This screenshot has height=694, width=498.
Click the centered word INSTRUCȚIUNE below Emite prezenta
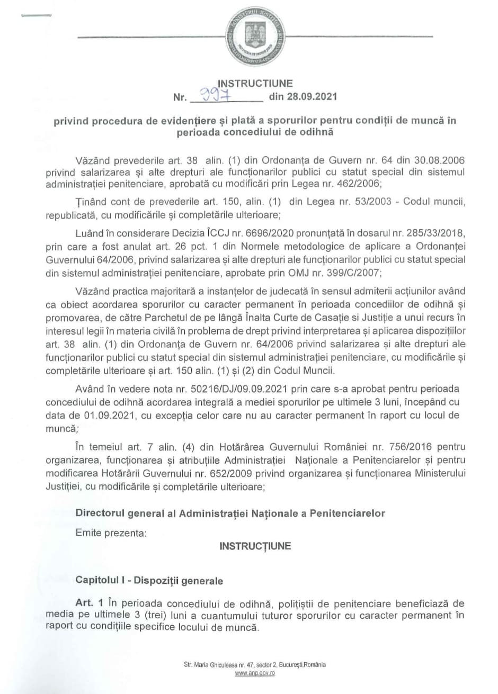click(x=255, y=546)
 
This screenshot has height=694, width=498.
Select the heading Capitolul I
click(x=100, y=580)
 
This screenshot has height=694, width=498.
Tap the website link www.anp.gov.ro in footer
click(x=255, y=673)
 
